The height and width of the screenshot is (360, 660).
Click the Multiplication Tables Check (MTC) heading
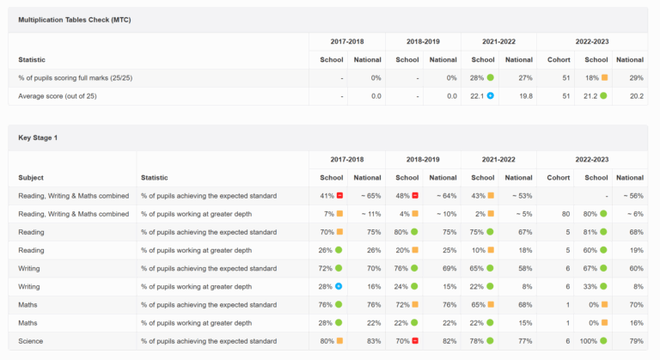click(75, 20)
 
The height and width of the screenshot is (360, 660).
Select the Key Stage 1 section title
click(38, 137)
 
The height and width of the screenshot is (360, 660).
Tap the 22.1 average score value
click(477, 96)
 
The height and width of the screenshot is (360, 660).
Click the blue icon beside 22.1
click(491, 95)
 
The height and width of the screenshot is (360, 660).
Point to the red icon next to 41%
click(339, 195)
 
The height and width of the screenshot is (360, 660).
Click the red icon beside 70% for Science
click(415, 340)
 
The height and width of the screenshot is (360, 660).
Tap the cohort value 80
click(565, 214)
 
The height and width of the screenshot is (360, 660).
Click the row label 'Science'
click(30, 341)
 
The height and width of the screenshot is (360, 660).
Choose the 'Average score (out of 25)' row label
click(58, 96)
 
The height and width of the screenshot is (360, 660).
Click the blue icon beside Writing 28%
click(339, 286)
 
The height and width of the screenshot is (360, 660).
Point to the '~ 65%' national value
click(371, 196)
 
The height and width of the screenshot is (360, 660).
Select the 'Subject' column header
click(31, 178)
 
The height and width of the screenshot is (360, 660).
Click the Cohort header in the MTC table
click(559, 60)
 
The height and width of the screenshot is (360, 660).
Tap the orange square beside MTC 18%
click(604, 77)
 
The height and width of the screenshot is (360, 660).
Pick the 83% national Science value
click(374, 341)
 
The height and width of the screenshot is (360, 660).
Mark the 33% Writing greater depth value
click(590, 287)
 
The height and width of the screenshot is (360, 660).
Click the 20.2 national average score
click(637, 96)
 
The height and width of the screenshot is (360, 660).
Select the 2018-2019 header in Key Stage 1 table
click(423, 160)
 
